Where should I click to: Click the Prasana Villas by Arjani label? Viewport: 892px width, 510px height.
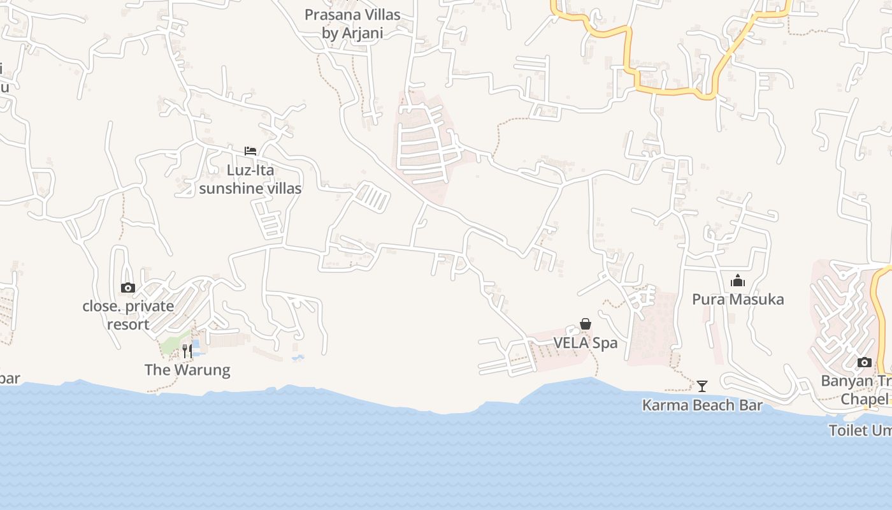pyautogui.click(x=352, y=24)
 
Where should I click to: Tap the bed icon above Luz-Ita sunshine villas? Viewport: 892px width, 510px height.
pyautogui.click(x=250, y=151)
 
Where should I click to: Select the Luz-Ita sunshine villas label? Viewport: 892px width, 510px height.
pyautogui.click(x=250, y=179)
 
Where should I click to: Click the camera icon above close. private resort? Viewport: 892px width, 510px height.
pyautogui.click(x=128, y=288)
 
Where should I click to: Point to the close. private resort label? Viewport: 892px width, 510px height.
pyautogui.click(x=128, y=315)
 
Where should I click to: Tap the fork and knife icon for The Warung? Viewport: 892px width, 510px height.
pyautogui.click(x=187, y=351)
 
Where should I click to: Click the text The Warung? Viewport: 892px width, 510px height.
pyautogui.click(x=187, y=370)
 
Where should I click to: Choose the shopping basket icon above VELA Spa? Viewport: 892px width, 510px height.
pyautogui.click(x=586, y=324)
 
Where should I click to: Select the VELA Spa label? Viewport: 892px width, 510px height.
pyautogui.click(x=586, y=343)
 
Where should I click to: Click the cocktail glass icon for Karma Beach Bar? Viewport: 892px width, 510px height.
pyautogui.click(x=702, y=386)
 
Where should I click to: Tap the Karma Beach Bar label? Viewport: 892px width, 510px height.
pyautogui.click(x=702, y=405)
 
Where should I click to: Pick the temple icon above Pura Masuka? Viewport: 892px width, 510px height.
pyautogui.click(x=738, y=280)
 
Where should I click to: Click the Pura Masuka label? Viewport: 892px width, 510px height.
pyautogui.click(x=738, y=300)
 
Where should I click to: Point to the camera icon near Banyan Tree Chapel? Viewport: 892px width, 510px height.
pyautogui.click(x=865, y=363)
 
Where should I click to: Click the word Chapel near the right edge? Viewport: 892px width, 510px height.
pyautogui.click(x=864, y=399)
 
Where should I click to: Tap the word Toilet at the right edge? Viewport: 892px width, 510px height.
pyautogui.click(x=848, y=430)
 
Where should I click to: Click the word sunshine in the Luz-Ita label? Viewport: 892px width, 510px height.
pyautogui.click(x=231, y=188)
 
